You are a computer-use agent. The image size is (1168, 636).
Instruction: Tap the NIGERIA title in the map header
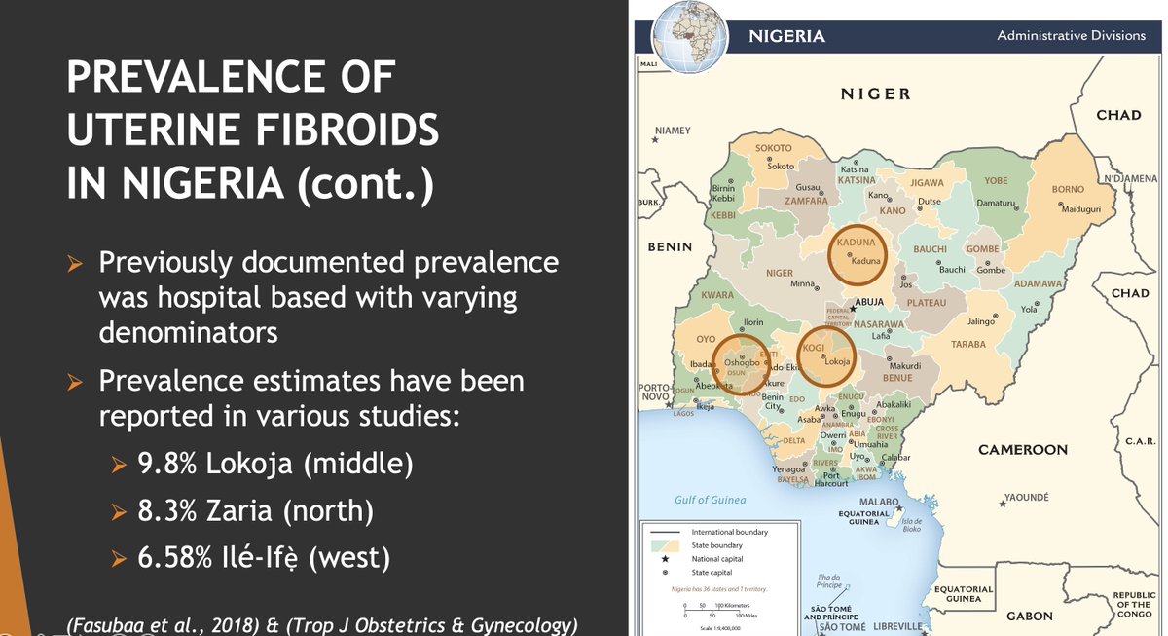pyautogui.click(x=786, y=37)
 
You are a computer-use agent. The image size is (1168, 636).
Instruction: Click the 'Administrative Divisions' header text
pyautogui.click(x=1071, y=36)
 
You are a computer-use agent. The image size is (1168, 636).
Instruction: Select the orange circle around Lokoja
pyautogui.click(x=826, y=353)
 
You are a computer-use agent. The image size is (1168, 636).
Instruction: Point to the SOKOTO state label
pyautogui.click(x=774, y=148)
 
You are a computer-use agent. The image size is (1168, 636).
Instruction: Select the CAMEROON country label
pyautogui.click(x=1022, y=450)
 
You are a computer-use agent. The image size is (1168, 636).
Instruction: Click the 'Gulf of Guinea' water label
pyautogui.click(x=711, y=500)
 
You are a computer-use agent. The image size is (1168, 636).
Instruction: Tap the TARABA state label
pyautogui.click(x=968, y=345)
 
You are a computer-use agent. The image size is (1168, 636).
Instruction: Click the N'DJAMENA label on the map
pyautogui.click(x=1129, y=179)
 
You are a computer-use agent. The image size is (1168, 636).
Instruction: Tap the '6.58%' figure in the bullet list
pyautogui.click(x=175, y=558)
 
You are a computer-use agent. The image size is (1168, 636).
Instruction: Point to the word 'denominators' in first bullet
pyautogui.click(x=188, y=332)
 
